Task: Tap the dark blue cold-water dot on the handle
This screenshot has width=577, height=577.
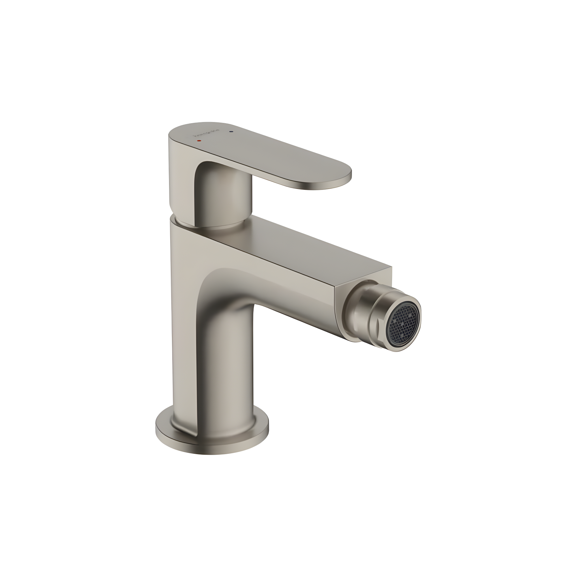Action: tap(230, 131)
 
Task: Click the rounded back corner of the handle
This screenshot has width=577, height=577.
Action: tap(173, 134)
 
